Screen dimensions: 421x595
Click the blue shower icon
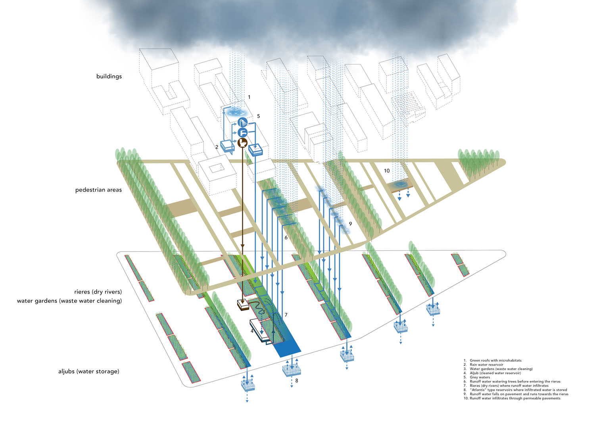[x=242, y=123]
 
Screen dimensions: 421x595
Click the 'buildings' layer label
[x=109, y=76]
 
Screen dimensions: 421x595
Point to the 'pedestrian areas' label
[x=98, y=190]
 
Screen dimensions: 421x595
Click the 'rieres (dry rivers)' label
[x=98, y=292]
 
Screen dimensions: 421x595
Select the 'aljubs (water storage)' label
[x=88, y=371]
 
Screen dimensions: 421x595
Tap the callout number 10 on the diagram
[x=386, y=171]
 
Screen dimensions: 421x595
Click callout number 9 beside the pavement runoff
[x=350, y=224]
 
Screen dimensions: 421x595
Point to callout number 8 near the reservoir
[x=297, y=381]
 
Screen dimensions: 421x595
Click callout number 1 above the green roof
[x=249, y=97]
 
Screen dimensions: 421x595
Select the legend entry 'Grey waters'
[x=480, y=377]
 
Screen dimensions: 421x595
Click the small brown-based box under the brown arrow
[x=243, y=305]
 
